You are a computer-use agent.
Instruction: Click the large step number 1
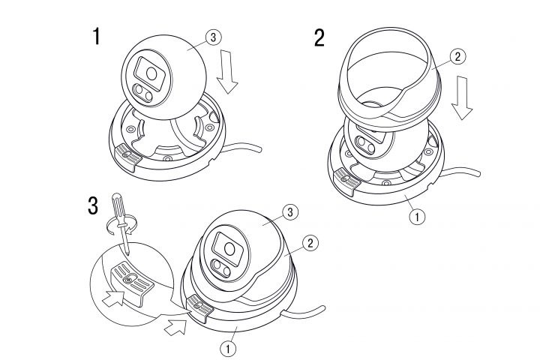click(97, 36)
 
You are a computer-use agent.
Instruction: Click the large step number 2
click(319, 37)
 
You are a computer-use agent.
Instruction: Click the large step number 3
click(93, 205)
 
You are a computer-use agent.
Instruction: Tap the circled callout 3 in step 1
click(213, 37)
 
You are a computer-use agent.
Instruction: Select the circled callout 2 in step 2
click(457, 56)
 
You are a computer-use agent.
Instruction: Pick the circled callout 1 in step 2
click(418, 217)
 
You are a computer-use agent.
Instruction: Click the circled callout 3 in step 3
click(290, 212)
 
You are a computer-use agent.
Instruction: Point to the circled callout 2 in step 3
click(310, 243)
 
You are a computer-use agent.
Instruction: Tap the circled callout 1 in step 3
click(228, 349)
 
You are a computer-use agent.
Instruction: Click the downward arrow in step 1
click(227, 72)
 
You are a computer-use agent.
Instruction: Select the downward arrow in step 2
click(462, 97)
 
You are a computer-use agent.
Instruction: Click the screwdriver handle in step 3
click(118, 210)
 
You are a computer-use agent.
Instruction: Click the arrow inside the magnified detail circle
click(113, 298)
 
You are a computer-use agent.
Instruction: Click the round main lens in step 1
click(151, 73)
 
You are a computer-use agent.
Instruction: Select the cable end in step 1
click(259, 149)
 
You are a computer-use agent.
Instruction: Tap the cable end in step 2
click(477, 172)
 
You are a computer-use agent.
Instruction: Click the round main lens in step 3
click(229, 249)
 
